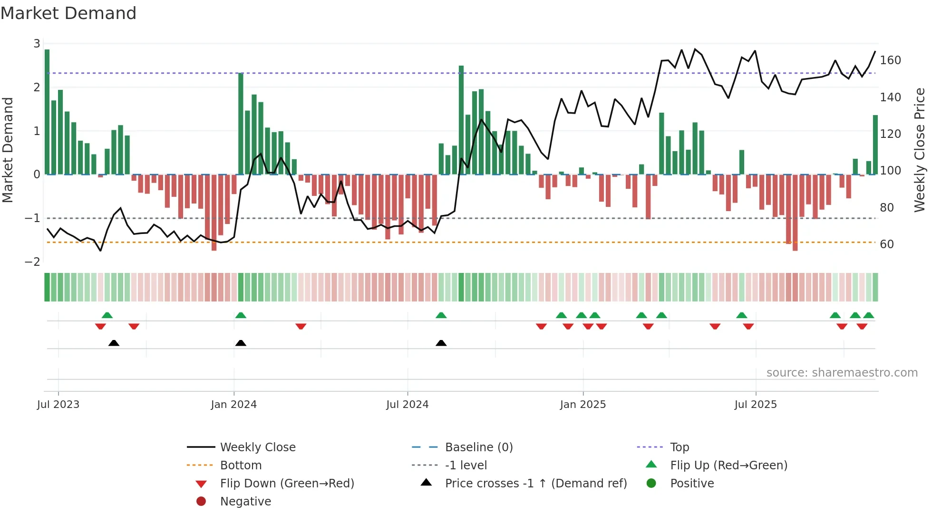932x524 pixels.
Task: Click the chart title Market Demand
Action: click(x=68, y=13)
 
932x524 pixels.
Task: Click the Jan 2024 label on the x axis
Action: click(x=233, y=405)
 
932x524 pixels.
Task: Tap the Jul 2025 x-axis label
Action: click(x=755, y=405)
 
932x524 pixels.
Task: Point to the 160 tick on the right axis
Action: click(x=890, y=60)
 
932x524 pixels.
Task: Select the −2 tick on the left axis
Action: click(x=33, y=262)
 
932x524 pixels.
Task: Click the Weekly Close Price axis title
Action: click(x=920, y=150)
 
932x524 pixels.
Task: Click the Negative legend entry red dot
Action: click(x=201, y=502)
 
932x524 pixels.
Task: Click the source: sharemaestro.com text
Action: click(x=842, y=373)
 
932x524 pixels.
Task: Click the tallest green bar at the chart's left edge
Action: click(x=47, y=112)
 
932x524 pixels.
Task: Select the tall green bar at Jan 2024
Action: click(x=241, y=124)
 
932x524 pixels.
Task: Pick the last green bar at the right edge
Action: click(x=875, y=145)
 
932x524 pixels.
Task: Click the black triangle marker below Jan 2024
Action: click(x=241, y=343)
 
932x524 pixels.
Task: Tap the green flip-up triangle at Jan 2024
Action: click(x=241, y=315)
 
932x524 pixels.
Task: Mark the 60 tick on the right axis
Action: click(x=887, y=244)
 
